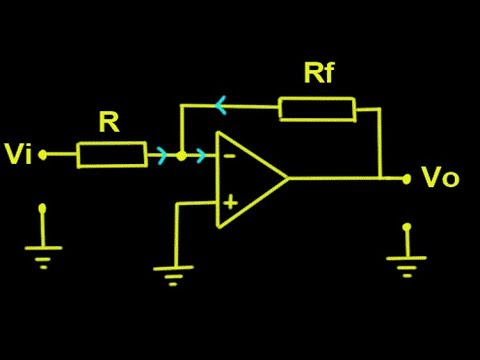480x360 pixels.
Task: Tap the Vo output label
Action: click(x=440, y=179)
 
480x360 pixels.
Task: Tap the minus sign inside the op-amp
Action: click(x=229, y=156)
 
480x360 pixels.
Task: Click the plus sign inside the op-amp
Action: click(x=229, y=202)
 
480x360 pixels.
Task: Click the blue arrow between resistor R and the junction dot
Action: click(x=160, y=155)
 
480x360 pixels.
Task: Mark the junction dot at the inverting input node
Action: click(x=180, y=155)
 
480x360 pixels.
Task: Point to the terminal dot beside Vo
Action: click(x=406, y=179)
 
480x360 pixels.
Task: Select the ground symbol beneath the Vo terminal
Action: click(x=406, y=262)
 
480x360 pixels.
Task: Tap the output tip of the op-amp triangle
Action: click(x=288, y=179)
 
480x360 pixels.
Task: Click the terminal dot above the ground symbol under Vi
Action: click(x=43, y=210)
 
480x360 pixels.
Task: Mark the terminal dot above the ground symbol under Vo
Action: click(x=406, y=228)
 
